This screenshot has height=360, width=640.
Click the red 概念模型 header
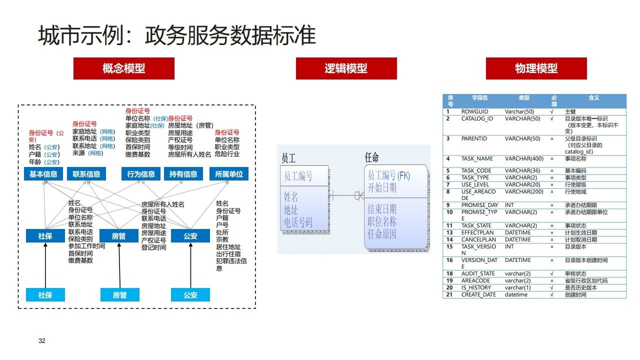(124, 68)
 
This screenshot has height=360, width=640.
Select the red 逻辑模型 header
(346, 68)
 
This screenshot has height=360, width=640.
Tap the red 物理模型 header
(536, 68)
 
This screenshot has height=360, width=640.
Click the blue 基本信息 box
(43, 174)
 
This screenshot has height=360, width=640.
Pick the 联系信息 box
(86, 174)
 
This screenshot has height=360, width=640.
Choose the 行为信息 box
(141, 174)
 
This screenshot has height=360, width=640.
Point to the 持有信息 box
(183, 174)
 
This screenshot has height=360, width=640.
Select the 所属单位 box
(229, 174)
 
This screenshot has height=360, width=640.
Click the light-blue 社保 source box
(45, 295)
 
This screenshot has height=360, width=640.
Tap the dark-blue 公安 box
(190, 235)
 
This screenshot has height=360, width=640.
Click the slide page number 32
(42, 341)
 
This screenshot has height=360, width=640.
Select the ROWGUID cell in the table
(474, 111)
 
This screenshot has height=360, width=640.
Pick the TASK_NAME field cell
(477, 159)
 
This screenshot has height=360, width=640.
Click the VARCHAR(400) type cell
(524, 159)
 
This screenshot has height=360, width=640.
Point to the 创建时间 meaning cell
(575, 294)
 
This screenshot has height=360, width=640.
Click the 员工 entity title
(288, 158)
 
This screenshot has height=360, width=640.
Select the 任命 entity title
(372, 157)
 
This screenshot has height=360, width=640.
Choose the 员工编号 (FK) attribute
(388, 175)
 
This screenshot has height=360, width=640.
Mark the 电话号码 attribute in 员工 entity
(298, 222)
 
